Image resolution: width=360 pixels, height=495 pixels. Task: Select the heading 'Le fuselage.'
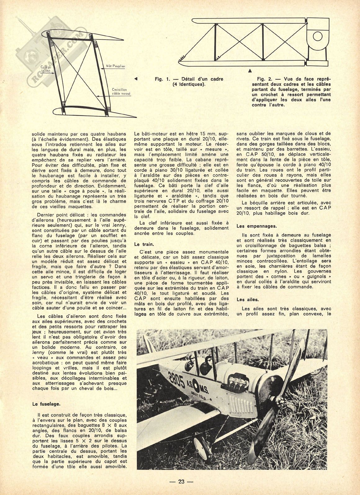46,404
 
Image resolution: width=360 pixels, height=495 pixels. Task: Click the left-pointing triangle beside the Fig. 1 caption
136,79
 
